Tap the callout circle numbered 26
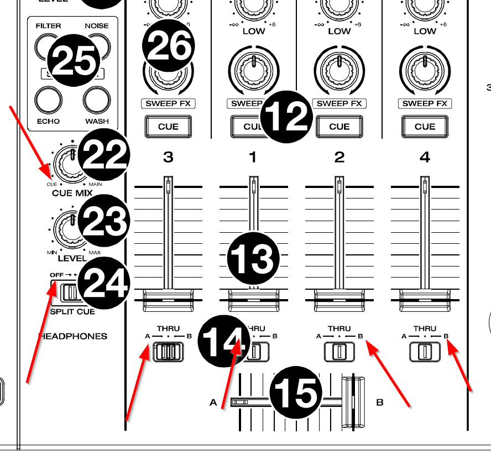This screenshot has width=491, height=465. pos(168,47)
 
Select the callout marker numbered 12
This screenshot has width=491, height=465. pos(287,116)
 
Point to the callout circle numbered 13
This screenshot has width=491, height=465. pos(254,258)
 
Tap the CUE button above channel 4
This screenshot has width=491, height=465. pos(425,127)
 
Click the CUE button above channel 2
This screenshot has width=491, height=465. pos(339,127)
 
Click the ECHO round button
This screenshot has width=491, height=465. pos(48,100)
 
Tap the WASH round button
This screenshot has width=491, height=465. pos(97,100)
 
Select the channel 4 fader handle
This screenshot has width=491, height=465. pos(425,300)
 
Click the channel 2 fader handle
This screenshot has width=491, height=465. pos(339,300)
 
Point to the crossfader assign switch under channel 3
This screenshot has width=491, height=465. pos(168,352)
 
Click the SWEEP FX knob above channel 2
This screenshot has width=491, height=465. pos(339,70)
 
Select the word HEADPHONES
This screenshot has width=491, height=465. pos(72,336)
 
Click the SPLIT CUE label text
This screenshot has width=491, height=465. pos(72,311)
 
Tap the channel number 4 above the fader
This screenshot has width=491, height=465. pos(425,158)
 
